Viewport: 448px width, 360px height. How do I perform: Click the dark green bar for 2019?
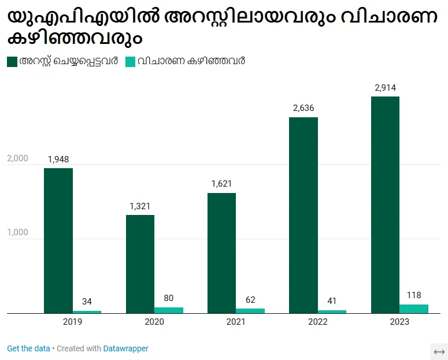coord(58,240)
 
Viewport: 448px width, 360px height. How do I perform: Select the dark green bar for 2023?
coord(385,205)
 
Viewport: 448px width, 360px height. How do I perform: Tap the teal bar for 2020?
coord(169,310)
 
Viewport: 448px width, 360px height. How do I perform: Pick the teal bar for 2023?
coord(414,309)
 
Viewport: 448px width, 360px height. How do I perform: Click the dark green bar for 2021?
coord(221,253)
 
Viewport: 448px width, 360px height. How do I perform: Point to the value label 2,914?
coord(385,88)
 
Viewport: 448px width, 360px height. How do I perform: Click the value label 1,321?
coord(140,206)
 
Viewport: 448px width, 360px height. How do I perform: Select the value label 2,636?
coord(303,108)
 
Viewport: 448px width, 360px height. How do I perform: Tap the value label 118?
coord(414,295)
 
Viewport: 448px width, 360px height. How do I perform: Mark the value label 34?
coord(87,302)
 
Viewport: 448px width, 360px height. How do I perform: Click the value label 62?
coord(250,300)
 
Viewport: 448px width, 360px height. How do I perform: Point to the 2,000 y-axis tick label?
coord(17,158)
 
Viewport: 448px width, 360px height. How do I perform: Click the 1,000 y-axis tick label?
coord(17,233)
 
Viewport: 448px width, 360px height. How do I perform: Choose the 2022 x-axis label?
coord(317,322)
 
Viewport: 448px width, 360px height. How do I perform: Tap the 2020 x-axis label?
coord(154,322)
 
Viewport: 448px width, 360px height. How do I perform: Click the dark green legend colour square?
coord(12,61)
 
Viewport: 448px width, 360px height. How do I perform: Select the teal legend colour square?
coord(130,61)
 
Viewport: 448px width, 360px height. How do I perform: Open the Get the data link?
coord(28,348)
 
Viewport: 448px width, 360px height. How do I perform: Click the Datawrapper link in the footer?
coord(125,348)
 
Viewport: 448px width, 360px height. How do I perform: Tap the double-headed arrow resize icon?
coord(439,351)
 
